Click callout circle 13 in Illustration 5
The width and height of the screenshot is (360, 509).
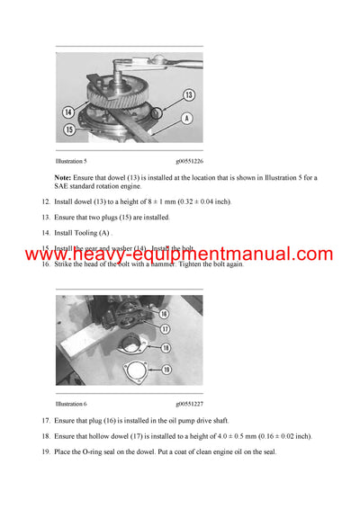(189, 94)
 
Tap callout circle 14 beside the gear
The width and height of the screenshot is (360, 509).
(68, 112)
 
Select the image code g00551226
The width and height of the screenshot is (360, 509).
(189, 160)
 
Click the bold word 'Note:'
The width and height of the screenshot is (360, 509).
(63, 177)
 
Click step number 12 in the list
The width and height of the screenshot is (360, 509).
(46, 201)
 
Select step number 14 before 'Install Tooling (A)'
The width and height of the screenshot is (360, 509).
(46, 232)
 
